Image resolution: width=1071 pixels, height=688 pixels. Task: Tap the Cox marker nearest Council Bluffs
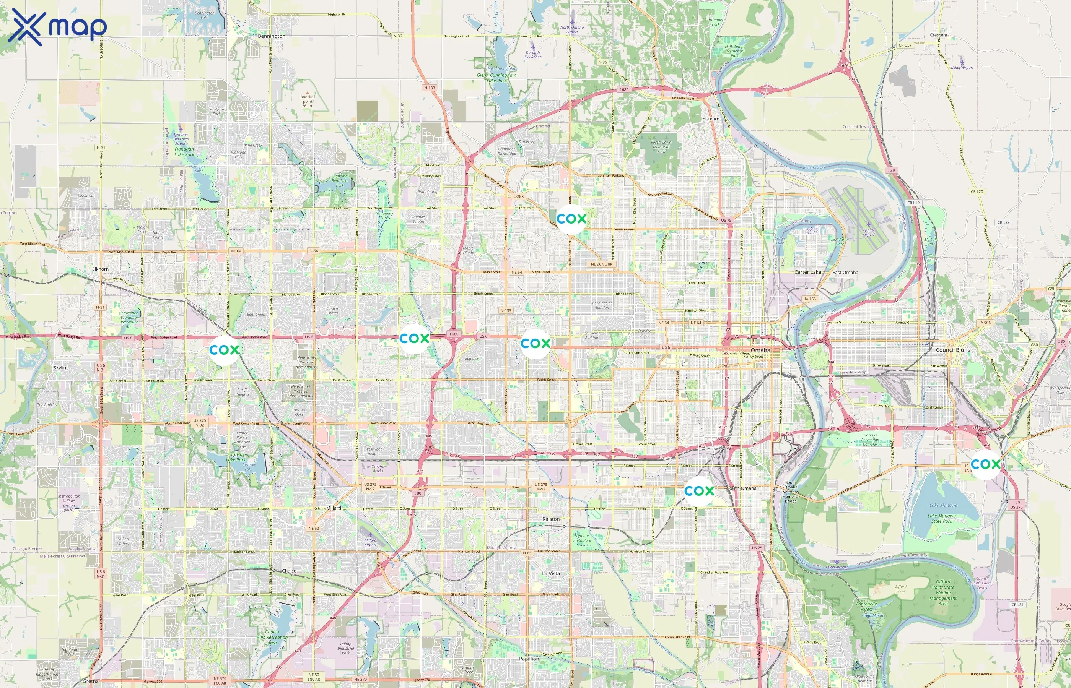(985, 465)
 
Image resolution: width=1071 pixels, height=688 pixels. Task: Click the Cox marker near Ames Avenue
(571, 219)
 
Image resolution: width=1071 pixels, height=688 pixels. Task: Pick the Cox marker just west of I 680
(414, 339)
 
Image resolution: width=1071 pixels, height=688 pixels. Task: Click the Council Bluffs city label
(952, 350)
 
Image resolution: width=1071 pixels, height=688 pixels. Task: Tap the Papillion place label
(529, 659)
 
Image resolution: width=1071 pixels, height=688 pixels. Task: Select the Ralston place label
(551, 519)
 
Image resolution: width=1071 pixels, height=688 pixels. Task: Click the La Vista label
(551, 573)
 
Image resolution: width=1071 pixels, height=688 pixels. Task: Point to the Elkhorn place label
(100, 269)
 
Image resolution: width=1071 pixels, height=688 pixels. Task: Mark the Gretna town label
(90, 681)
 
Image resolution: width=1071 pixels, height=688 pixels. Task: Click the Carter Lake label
(807, 272)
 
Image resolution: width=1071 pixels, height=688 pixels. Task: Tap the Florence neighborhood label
(710, 119)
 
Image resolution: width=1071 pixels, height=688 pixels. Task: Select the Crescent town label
(938, 35)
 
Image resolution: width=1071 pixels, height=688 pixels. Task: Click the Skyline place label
(61, 368)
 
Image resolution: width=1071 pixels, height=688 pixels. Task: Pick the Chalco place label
(289, 571)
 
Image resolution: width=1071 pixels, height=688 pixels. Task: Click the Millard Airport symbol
(370, 535)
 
